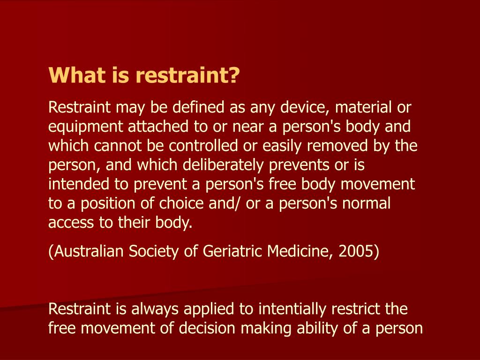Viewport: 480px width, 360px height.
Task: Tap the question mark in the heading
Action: [x=234, y=75]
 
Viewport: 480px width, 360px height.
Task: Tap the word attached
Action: [x=155, y=127]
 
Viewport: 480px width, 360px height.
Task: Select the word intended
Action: [x=75, y=185]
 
